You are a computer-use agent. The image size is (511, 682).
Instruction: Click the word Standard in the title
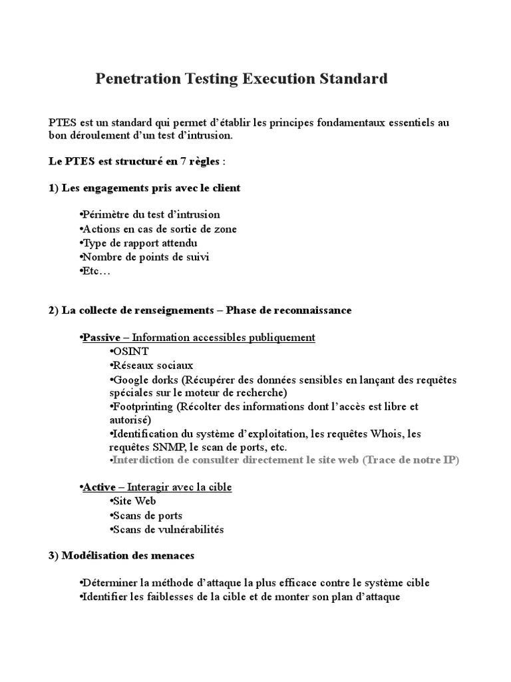(354, 79)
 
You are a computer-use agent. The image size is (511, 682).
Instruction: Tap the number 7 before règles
(183, 162)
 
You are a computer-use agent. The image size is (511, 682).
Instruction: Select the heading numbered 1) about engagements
(144, 188)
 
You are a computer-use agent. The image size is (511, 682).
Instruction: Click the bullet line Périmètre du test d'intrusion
(150, 214)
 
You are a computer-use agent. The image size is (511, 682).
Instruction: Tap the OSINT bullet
(129, 351)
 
